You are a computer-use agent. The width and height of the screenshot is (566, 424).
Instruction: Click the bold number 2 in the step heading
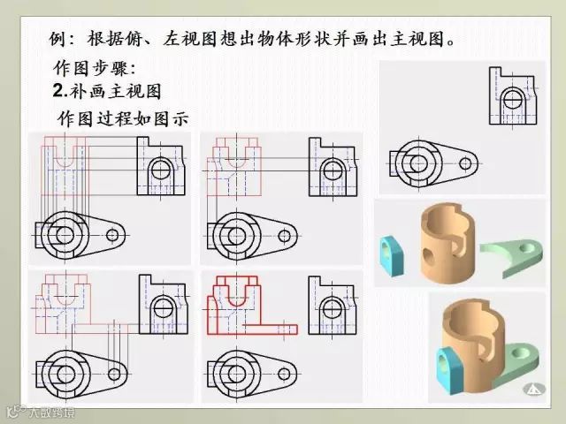[57, 90]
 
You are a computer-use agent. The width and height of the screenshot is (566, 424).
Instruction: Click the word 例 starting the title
[57, 39]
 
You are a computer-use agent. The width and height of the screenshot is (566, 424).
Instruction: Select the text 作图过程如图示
[123, 118]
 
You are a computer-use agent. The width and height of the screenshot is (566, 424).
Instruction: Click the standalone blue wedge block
[392, 255]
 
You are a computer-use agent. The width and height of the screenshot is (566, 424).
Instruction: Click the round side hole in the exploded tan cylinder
[428, 255]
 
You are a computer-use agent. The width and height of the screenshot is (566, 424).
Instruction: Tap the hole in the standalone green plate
[527, 248]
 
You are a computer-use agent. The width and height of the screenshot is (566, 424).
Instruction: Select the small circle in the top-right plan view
[465, 164]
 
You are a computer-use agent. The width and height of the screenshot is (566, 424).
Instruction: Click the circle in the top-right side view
[513, 99]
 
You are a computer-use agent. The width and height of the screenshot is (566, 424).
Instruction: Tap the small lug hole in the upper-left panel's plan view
[112, 236]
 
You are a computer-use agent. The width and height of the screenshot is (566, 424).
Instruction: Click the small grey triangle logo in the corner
[534, 389]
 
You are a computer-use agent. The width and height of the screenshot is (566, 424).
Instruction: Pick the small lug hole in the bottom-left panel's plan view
[114, 374]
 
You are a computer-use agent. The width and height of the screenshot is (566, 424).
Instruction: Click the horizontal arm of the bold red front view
[270, 329]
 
